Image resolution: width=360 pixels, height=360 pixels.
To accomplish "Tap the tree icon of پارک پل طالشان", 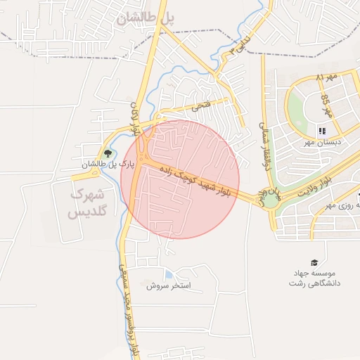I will pos(108,153).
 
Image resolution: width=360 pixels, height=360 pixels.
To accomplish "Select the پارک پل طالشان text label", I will pos(107,165).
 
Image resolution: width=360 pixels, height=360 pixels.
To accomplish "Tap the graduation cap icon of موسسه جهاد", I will pos(314,262).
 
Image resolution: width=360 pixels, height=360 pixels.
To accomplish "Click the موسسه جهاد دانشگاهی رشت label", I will pos(314,278).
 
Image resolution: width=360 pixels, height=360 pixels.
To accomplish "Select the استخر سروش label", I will pos(169,287).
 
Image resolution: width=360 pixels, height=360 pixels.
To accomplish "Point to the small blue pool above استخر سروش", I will pos(168,274).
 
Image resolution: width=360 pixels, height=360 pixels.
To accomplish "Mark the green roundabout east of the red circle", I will pos(270,201).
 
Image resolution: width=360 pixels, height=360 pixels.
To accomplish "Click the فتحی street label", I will pos(200,107).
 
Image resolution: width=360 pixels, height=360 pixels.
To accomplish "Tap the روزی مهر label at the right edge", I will pos(342,206).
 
